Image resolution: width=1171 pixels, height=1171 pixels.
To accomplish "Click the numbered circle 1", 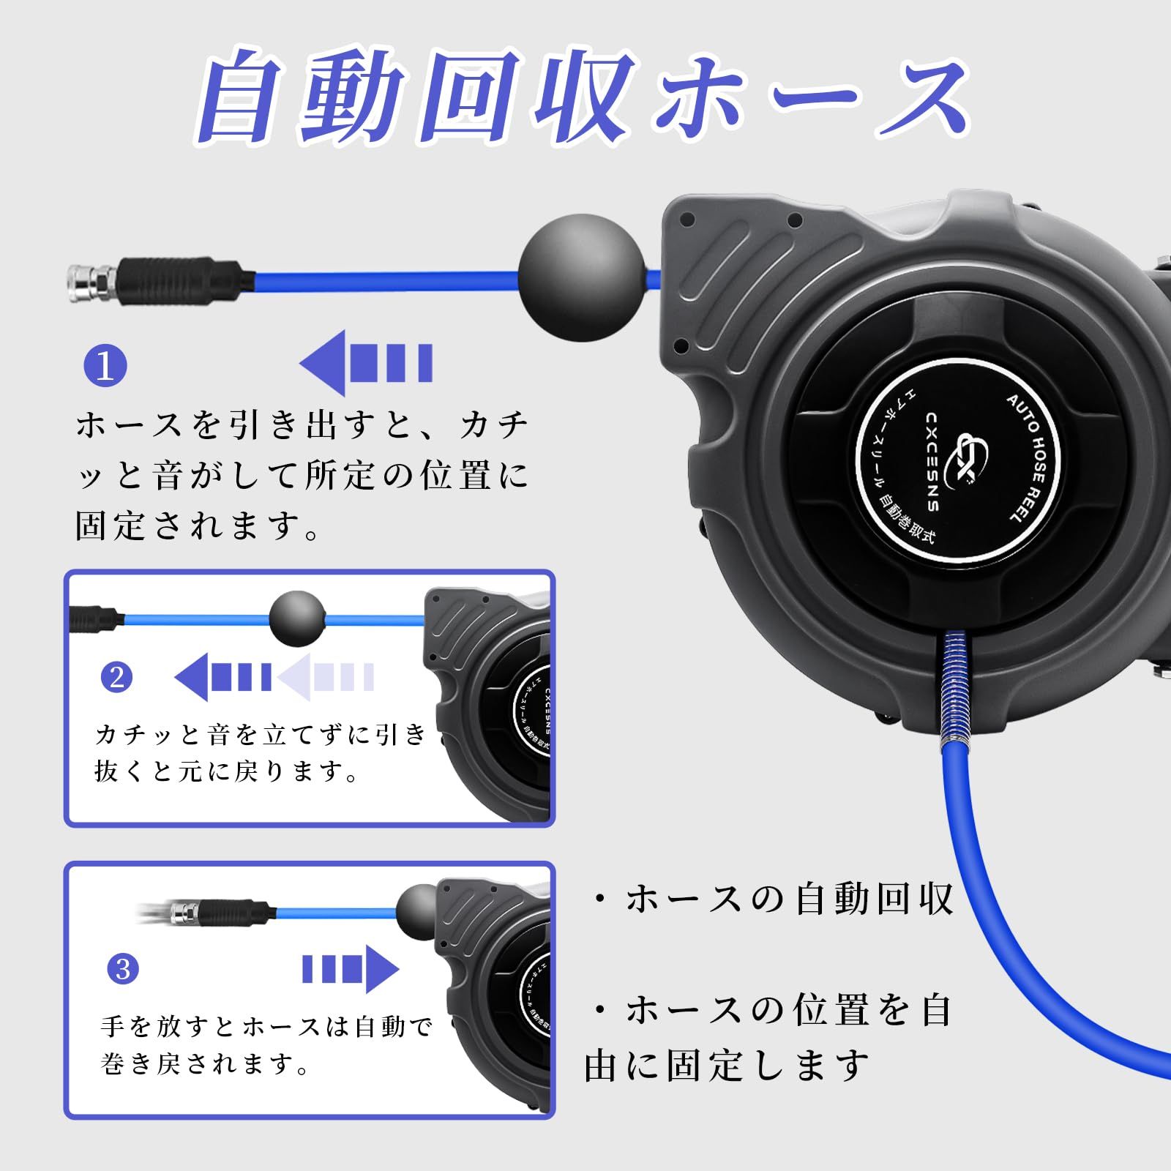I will pyautogui.click(x=105, y=366).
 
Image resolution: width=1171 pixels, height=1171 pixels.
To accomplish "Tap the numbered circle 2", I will pyautogui.click(x=117, y=678).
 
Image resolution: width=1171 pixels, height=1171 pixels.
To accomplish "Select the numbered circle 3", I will pyautogui.click(x=123, y=969).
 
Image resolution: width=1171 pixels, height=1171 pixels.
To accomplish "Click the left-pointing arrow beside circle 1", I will pyautogui.click(x=366, y=363).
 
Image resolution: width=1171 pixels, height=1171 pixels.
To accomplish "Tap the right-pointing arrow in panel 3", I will pyautogui.click(x=351, y=969).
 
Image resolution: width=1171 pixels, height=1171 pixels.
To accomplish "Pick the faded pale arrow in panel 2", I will pyautogui.click(x=326, y=678).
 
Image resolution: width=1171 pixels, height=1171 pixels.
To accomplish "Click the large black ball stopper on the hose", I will pyautogui.click(x=582, y=277).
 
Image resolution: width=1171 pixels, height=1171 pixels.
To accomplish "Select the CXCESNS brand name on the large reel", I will pyautogui.click(x=932, y=461).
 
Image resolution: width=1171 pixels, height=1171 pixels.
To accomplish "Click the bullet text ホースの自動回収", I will pyautogui.click(x=776, y=899).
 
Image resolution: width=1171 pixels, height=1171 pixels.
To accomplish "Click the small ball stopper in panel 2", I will pyautogui.click(x=296, y=619).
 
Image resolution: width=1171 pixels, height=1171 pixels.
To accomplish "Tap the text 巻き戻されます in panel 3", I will pyautogui.click(x=205, y=1063).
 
